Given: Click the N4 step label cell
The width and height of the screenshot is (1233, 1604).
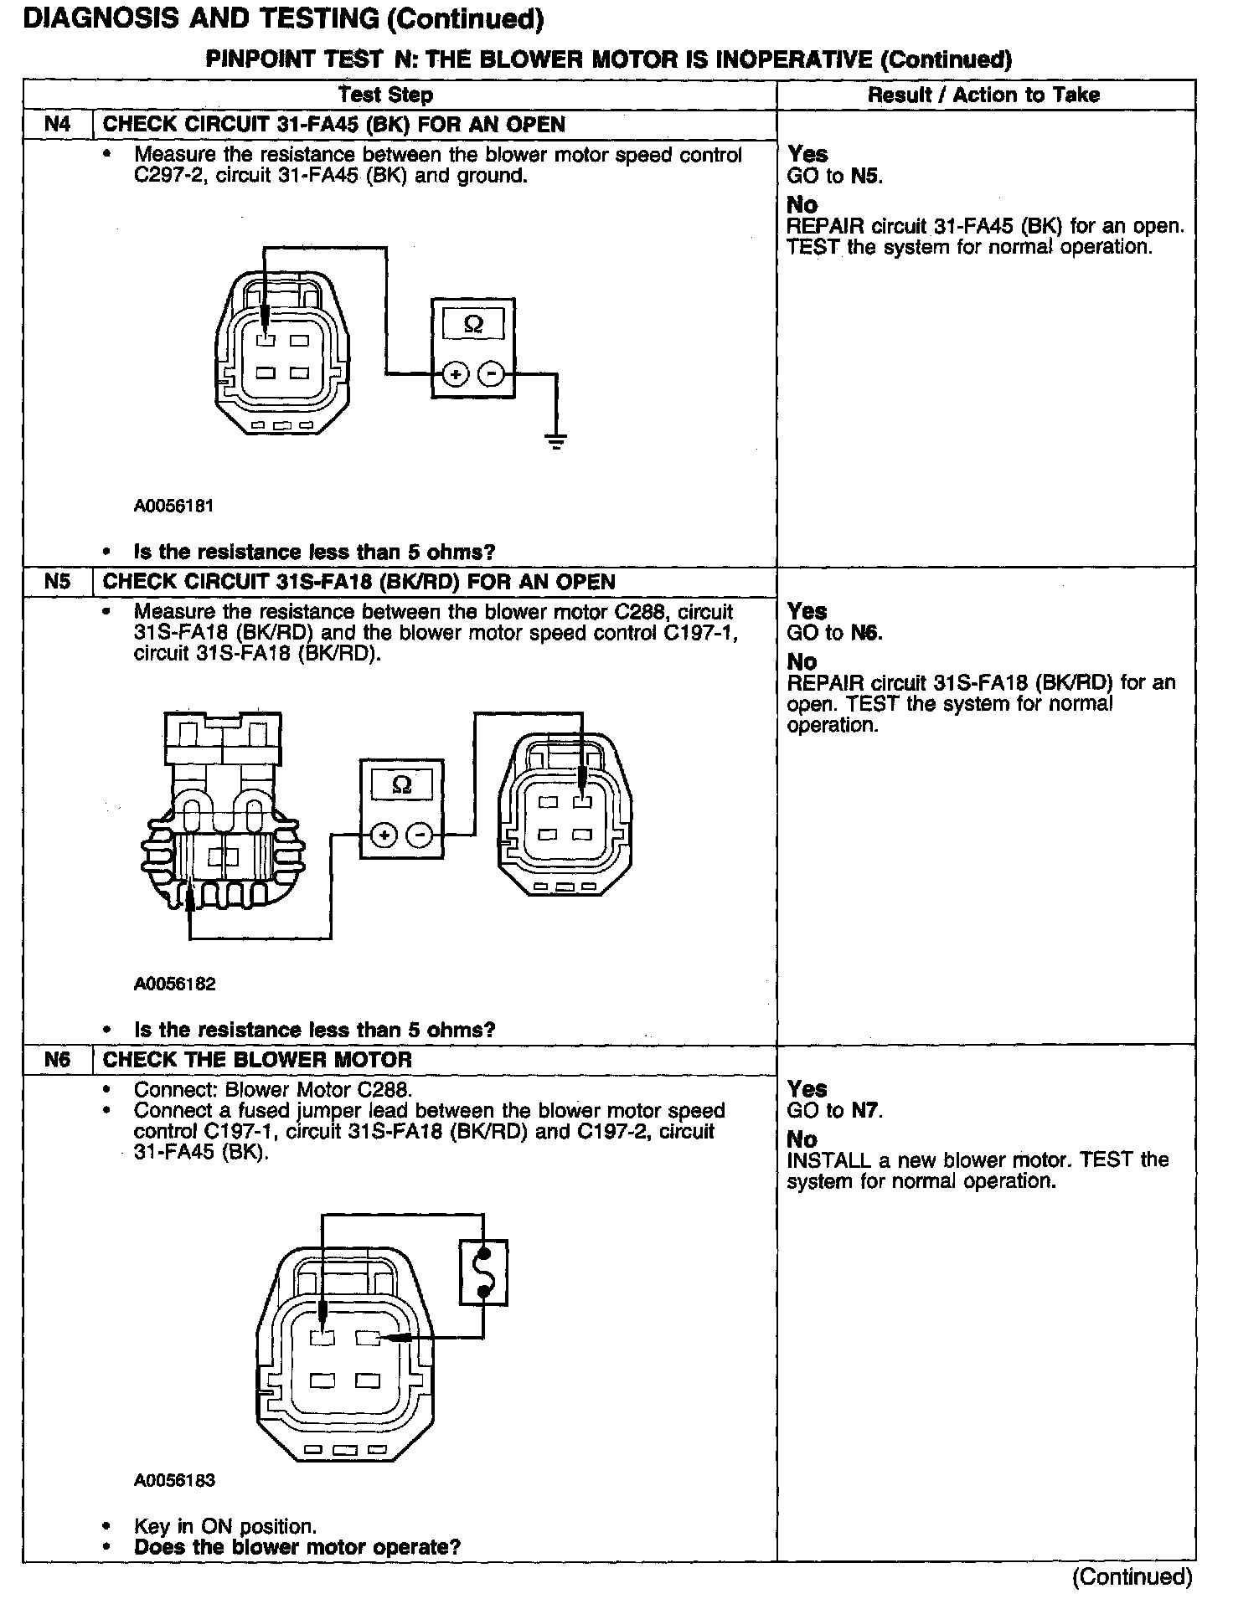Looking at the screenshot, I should (57, 125).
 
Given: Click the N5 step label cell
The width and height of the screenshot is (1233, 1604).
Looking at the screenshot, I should (57, 582).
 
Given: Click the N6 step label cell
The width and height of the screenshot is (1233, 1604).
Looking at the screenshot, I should (57, 1059).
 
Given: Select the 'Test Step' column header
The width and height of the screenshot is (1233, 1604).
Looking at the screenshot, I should (386, 95).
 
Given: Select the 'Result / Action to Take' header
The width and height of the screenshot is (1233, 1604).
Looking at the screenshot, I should (983, 95).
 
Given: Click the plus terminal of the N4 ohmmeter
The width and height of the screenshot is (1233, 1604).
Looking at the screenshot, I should (455, 374).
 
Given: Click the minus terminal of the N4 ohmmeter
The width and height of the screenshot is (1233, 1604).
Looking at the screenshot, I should (492, 374).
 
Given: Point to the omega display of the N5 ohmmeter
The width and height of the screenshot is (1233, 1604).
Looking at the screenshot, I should (402, 785).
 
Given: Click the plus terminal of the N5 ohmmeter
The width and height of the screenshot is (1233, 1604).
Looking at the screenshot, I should (384, 835).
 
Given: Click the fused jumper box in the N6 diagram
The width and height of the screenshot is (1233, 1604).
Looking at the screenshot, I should (483, 1272).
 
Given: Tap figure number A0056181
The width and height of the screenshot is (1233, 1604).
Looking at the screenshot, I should (174, 506).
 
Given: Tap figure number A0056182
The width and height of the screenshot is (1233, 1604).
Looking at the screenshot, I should (174, 984).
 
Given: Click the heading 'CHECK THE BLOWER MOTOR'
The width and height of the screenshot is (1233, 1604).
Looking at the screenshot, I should (257, 1059).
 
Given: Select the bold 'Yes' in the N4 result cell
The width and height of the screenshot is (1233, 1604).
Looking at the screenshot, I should (807, 154).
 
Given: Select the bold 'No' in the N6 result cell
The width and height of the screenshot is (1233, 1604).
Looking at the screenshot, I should (802, 1139).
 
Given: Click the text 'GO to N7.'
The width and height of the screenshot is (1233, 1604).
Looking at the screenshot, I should (835, 1111).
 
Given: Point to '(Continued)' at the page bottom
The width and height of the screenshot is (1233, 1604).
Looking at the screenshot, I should (1131, 1577).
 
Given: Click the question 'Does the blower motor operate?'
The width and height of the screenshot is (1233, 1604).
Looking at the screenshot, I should (297, 1547).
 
